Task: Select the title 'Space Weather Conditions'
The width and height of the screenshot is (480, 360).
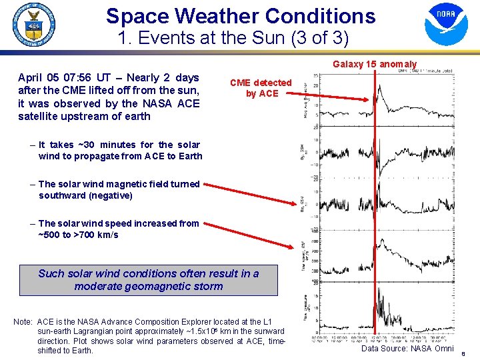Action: [x=241, y=16]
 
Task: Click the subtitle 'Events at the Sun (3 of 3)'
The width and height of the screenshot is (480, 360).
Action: [x=233, y=39]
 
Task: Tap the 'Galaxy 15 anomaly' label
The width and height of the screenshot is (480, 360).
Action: [x=374, y=64]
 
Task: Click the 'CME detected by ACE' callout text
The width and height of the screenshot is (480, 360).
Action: [x=261, y=88]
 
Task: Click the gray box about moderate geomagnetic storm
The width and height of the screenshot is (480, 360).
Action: [x=148, y=280]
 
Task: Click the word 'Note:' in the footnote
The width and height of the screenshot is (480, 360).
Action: [x=23, y=322]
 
